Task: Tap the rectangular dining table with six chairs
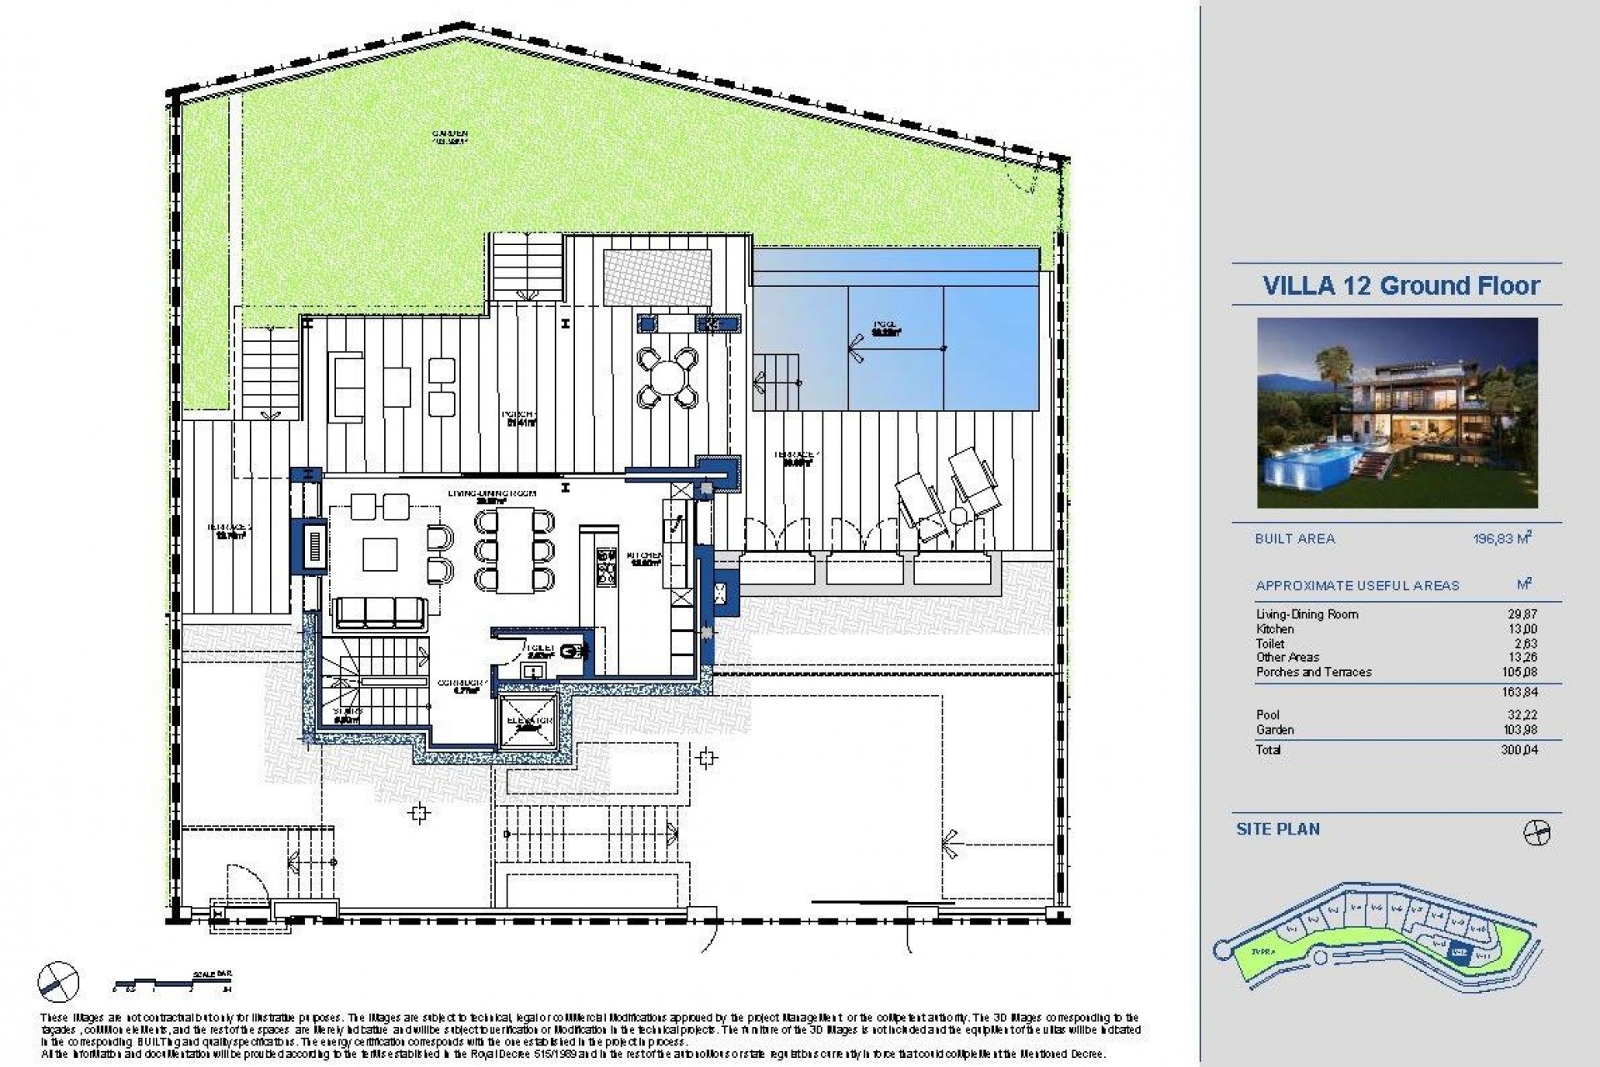(515, 550)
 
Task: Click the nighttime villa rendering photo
(1397, 413)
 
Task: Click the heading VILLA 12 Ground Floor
(1402, 286)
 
